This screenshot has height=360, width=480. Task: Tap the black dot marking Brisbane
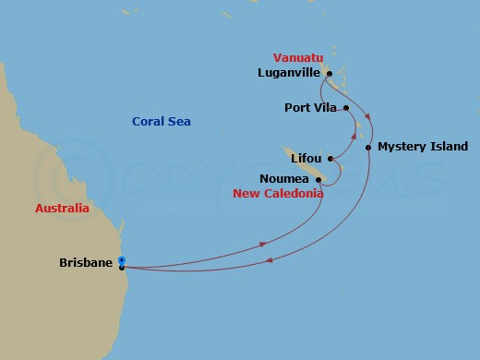point(122,268)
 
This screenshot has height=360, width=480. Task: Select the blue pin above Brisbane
point(122,260)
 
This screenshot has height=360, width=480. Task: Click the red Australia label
point(63,209)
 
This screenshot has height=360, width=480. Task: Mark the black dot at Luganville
point(327,72)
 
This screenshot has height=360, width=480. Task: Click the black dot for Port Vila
point(346,108)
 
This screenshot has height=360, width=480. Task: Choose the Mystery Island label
point(422,147)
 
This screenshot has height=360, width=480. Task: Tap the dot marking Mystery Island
point(368,147)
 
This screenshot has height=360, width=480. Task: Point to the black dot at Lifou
point(329,160)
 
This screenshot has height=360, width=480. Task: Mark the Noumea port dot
point(318,179)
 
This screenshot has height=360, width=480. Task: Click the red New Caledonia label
point(277,194)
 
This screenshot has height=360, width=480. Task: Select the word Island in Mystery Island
point(448,147)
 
